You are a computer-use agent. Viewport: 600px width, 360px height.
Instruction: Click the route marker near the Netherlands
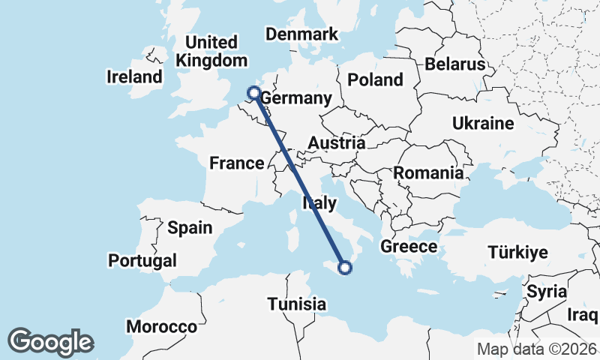(253, 93)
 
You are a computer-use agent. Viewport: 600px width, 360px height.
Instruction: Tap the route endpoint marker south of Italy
(345, 267)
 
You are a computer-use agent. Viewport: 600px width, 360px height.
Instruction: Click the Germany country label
(296, 99)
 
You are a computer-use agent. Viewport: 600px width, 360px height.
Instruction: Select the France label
(236, 163)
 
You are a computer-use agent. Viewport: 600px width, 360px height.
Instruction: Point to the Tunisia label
(298, 304)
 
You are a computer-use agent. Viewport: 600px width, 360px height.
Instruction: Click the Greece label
(409, 246)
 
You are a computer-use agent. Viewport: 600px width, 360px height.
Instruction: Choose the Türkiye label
(517, 252)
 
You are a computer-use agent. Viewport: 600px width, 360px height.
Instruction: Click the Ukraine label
(483, 123)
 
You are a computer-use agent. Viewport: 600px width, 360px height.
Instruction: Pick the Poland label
(375, 79)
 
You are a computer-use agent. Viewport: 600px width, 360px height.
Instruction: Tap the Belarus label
(455, 64)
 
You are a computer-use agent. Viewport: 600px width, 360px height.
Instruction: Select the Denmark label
(302, 34)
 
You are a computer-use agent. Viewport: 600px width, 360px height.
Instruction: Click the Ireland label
(134, 76)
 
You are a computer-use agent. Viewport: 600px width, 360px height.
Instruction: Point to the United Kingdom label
(211, 51)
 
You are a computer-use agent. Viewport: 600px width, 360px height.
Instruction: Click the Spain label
(190, 227)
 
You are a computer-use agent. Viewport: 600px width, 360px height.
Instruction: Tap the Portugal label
(142, 260)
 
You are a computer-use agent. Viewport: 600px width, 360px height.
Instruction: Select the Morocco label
(161, 327)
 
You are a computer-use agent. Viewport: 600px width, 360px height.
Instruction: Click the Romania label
(428, 172)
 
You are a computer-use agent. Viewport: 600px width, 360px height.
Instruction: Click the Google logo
(50, 342)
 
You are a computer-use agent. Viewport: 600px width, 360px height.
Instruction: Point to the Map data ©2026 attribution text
(537, 349)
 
